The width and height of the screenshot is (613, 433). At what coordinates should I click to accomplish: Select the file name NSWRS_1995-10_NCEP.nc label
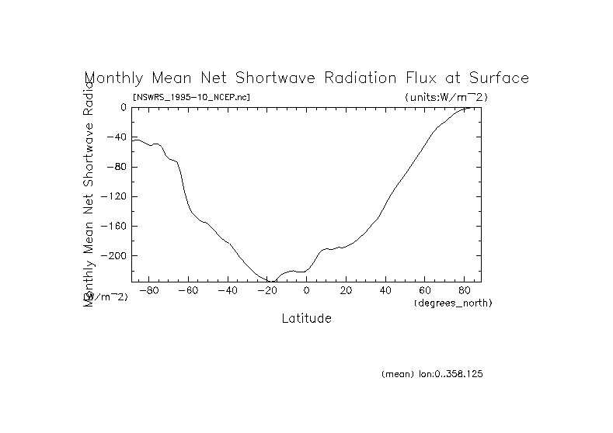click(191, 97)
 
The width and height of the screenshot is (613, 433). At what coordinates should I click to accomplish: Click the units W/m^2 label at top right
click(446, 97)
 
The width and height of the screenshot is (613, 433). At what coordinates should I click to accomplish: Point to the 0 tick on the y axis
click(123, 108)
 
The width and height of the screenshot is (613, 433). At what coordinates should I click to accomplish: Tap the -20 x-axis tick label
click(266, 291)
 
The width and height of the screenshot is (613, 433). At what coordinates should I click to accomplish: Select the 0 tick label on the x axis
click(306, 291)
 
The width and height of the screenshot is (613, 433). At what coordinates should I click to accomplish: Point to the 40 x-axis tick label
click(385, 291)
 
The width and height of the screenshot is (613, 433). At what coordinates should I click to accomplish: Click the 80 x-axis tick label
click(464, 291)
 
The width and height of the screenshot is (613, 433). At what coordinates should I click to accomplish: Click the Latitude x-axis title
click(306, 319)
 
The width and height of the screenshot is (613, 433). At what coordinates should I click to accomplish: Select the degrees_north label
click(453, 302)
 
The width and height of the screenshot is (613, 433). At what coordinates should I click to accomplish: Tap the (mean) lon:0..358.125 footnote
click(432, 374)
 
